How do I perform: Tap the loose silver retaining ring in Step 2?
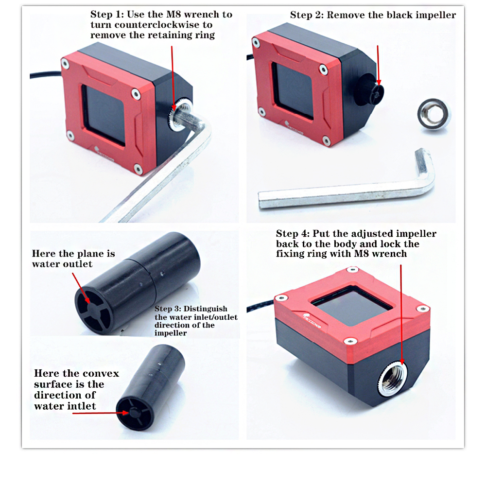[434, 114]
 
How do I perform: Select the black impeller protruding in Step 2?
[370, 89]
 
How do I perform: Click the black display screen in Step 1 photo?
[104, 115]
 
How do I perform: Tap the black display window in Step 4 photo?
[352, 305]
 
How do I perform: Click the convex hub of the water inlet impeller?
[135, 413]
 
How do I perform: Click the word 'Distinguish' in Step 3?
[205, 309]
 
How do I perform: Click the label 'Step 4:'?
[293, 233]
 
